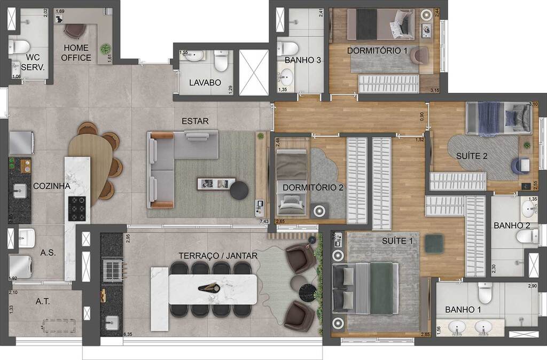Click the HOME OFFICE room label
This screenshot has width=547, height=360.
76,52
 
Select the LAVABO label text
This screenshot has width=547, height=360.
205,83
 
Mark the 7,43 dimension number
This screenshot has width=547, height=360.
264,221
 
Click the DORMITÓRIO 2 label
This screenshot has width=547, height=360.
312,187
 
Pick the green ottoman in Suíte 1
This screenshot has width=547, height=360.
433,244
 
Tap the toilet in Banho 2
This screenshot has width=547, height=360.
522,237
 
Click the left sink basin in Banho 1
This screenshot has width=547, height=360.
457,326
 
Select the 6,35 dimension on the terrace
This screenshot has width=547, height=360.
128,335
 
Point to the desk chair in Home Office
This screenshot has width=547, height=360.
74,30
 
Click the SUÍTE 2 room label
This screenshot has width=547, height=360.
472,156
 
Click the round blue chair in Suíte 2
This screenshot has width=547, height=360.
519,166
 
